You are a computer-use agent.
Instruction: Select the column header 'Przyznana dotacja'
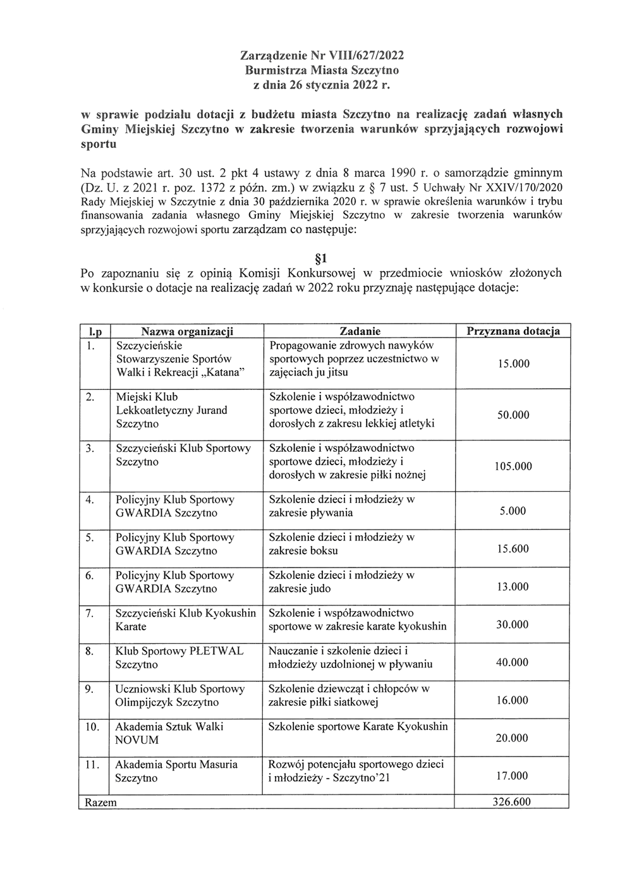click(512, 331)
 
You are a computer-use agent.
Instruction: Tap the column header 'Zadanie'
click(360, 331)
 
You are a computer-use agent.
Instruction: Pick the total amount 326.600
click(511, 802)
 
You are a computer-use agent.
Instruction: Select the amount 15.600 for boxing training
click(513, 549)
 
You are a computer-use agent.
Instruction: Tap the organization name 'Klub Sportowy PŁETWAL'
click(179, 651)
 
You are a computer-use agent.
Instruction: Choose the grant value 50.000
click(513, 415)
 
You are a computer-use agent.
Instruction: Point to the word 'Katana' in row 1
click(222, 372)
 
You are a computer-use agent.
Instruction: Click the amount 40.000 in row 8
click(512, 662)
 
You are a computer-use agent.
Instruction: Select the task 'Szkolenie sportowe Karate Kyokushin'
click(358, 727)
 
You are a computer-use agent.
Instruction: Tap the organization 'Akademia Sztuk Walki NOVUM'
click(169, 733)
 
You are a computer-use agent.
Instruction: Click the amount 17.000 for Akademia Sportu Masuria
click(512, 776)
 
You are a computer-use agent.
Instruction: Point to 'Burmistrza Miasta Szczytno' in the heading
click(322, 70)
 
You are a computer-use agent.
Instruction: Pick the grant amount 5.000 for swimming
click(513, 511)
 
